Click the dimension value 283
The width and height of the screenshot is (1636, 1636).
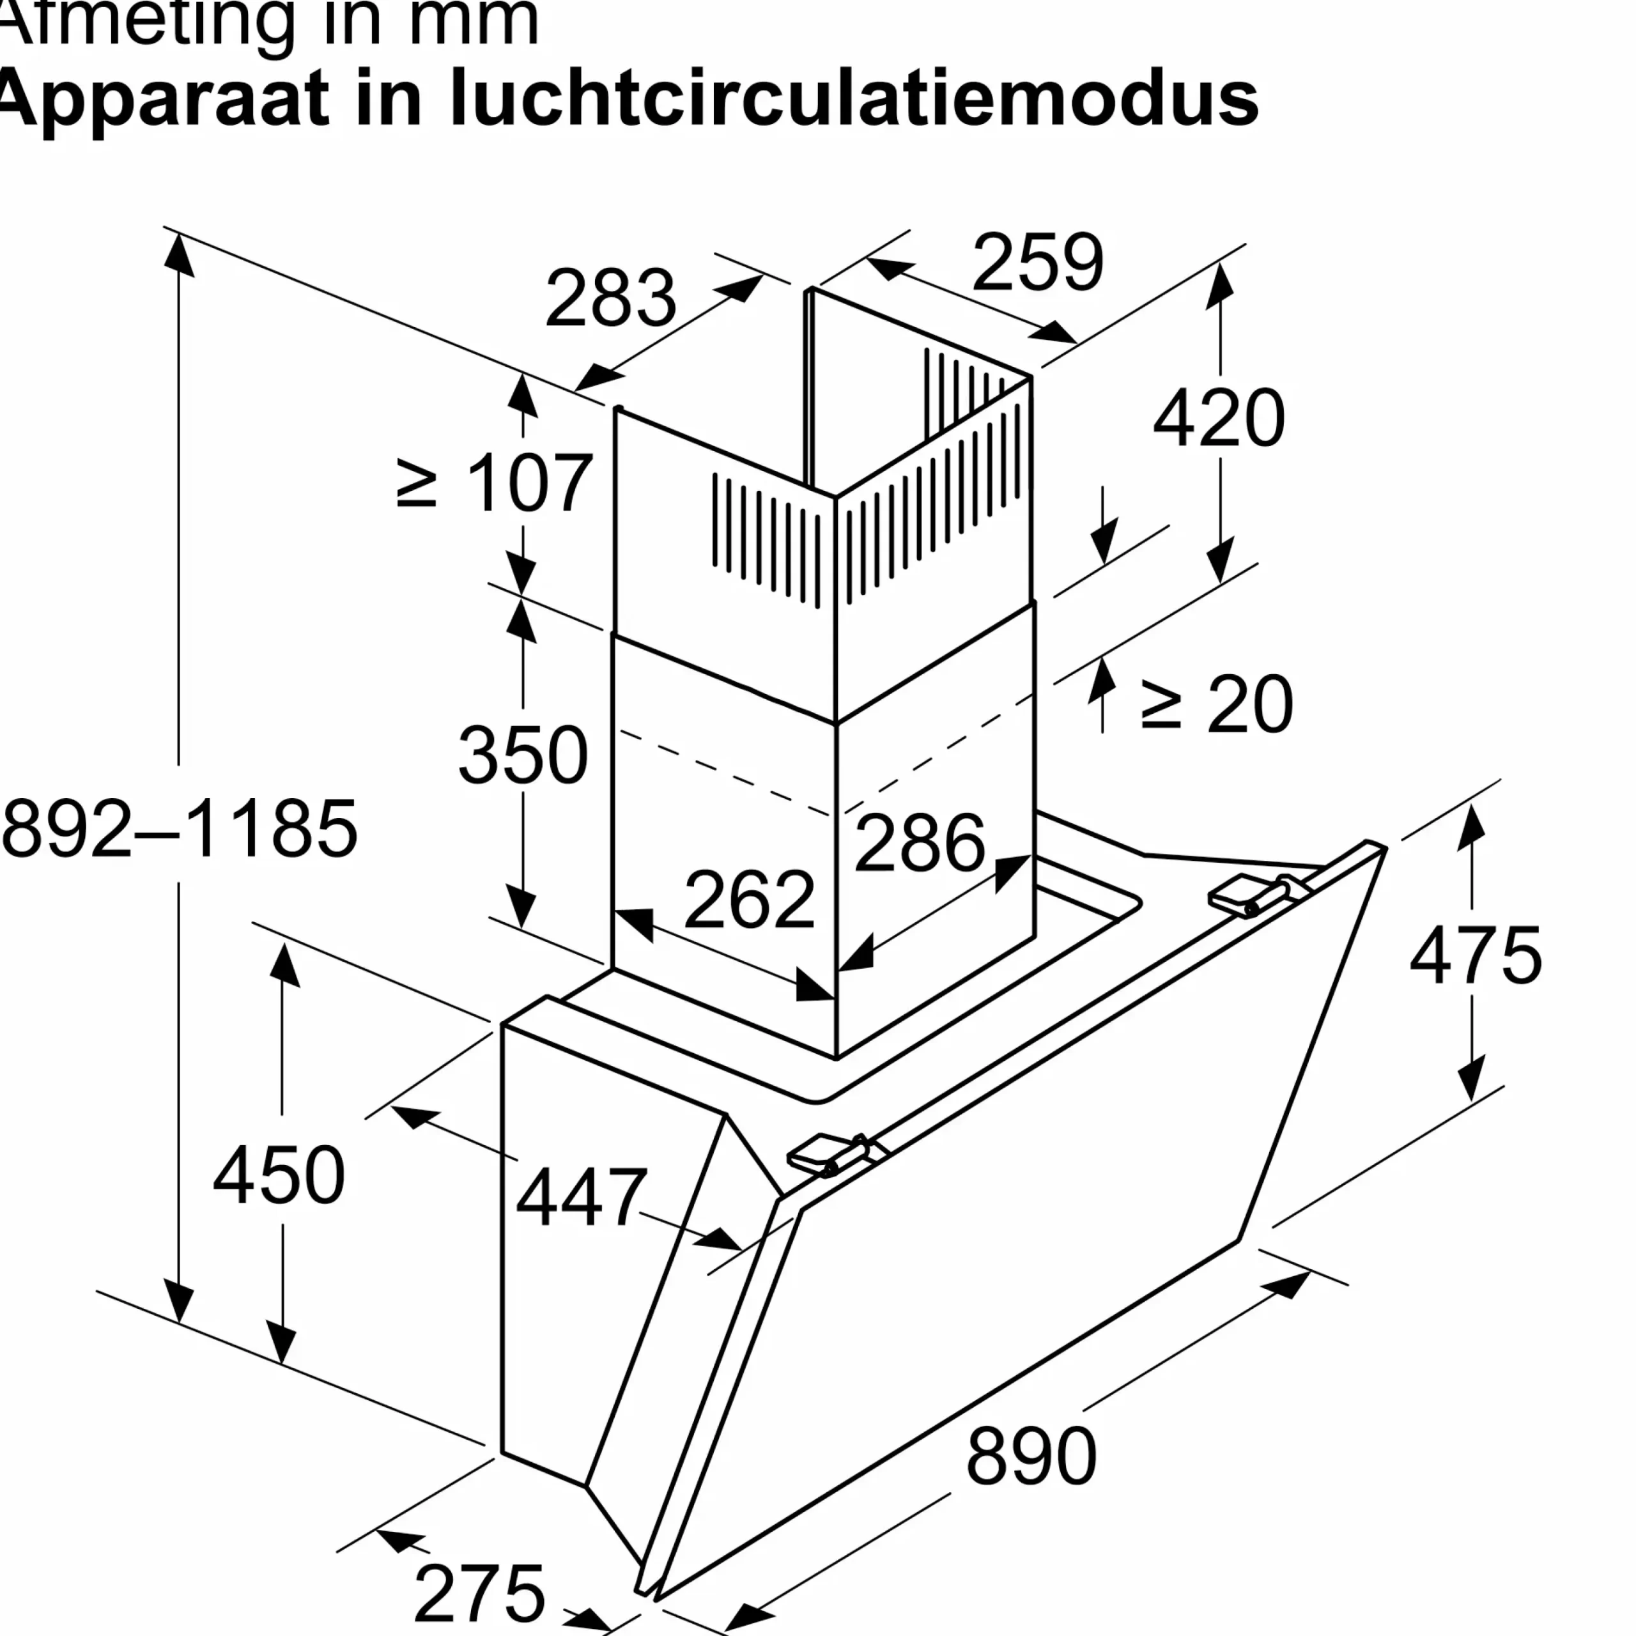[610, 298]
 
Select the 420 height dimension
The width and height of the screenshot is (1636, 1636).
[1219, 419]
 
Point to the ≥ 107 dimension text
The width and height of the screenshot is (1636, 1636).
[495, 482]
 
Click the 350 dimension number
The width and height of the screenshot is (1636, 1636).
[523, 755]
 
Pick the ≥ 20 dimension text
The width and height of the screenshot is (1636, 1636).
[1216, 704]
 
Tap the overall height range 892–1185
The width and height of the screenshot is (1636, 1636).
[180, 829]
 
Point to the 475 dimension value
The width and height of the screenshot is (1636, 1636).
[1475, 956]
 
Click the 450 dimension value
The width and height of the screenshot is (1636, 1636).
[279, 1175]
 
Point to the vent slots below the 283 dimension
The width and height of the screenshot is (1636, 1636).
[766, 540]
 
